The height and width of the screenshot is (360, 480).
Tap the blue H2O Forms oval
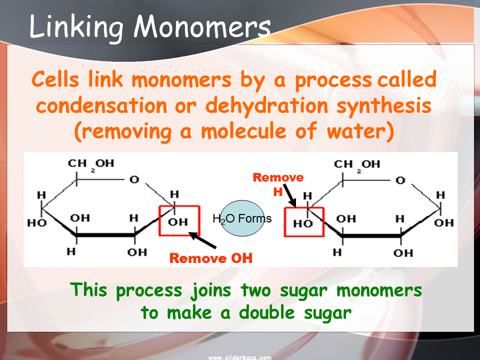(242, 218)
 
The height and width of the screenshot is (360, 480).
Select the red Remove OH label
(210, 258)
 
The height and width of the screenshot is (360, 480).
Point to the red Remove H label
(278, 183)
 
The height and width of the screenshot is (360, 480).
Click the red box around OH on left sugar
(179, 220)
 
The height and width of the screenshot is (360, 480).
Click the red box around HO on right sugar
(303, 222)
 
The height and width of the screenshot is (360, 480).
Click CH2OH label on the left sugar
(90, 163)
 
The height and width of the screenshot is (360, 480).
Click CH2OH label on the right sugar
(356, 164)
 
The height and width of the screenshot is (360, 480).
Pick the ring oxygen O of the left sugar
(134, 179)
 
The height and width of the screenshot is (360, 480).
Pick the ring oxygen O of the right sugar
(400, 179)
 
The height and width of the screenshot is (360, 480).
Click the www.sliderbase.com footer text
(239, 357)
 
